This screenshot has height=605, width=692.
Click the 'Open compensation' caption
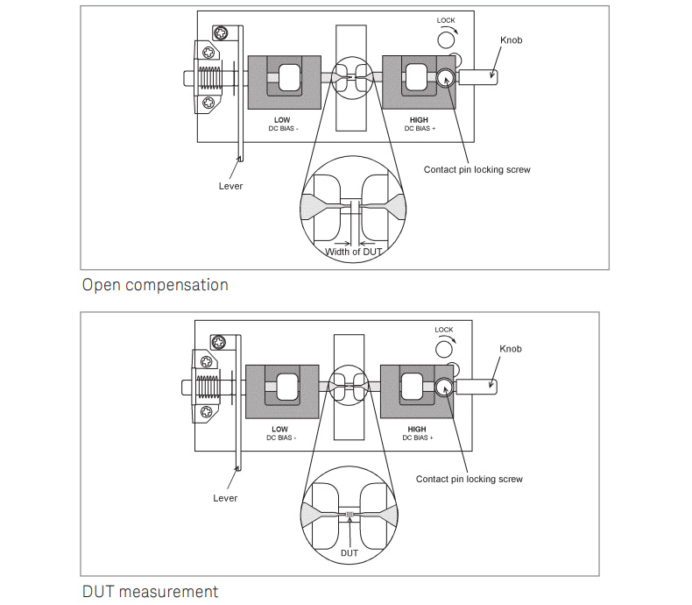(x=155, y=285)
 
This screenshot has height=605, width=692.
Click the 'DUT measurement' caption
(x=150, y=592)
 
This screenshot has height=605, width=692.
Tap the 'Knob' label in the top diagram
(x=511, y=41)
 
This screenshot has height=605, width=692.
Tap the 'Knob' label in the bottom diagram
(x=511, y=349)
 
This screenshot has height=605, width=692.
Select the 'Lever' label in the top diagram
(x=230, y=186)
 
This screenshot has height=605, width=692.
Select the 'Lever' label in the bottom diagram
(x=225, y=498)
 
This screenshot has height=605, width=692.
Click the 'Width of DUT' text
(x=354, y=253)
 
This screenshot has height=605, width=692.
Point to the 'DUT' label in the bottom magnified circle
(x=350, y=553)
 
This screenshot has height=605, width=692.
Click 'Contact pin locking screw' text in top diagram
(x=477, y=169)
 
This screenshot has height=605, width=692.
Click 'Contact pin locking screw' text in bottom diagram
(x=469, y=479)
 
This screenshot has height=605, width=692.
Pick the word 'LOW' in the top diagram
(x=282, y=119)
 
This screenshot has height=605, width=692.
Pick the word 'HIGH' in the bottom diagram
(x=417, y=430)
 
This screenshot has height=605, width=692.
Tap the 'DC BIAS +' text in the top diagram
(x=420, y=128)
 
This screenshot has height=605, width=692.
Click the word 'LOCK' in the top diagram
(x=446, y=20)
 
